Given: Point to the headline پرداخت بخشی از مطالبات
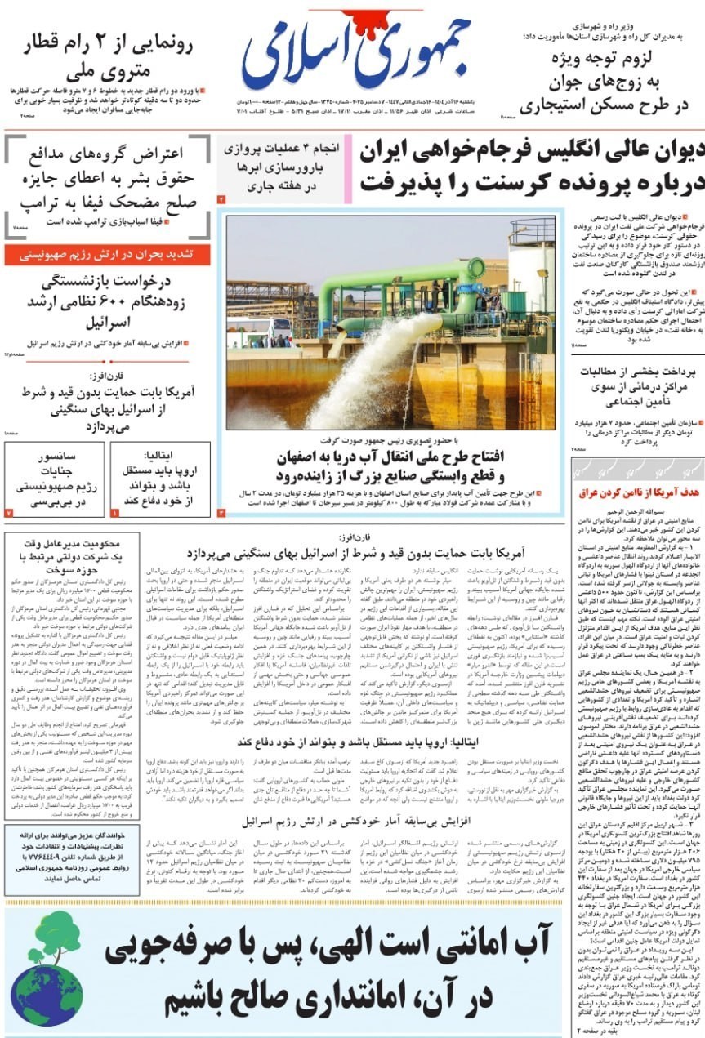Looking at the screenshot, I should [x=636, y=371].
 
